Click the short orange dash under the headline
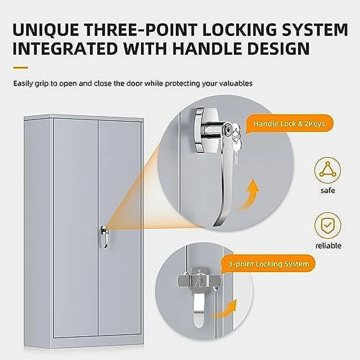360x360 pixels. [x=21, y=68]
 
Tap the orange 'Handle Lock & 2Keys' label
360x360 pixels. [x=289, y=124]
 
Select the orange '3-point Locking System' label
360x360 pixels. [x=268, y=264]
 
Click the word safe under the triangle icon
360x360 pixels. [x=328, y=190]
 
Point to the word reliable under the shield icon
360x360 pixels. [x=328, y=246]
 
